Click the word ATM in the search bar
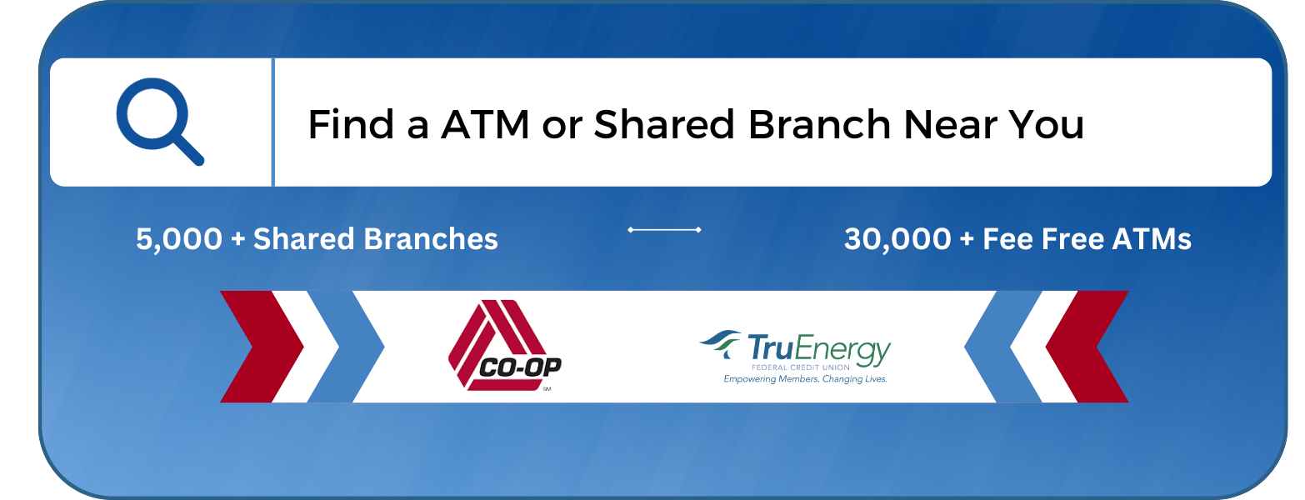pos(485,124)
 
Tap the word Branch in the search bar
pos(819,124)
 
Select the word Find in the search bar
pos(351,124)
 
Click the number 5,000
pos(179,239)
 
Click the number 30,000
pos(897,239)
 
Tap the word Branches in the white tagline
pos(431,239)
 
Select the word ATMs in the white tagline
pos(1151,239)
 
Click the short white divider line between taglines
pos(664,230)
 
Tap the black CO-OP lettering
pos(520,367)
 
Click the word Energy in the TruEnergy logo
pos(843,350)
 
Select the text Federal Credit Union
pos(801,367)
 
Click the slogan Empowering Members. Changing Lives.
pos(805,379)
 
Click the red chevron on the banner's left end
pos(262,347)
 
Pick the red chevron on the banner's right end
pos(1087,347)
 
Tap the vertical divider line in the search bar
pos(272,122)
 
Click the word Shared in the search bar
pos(664,124)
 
